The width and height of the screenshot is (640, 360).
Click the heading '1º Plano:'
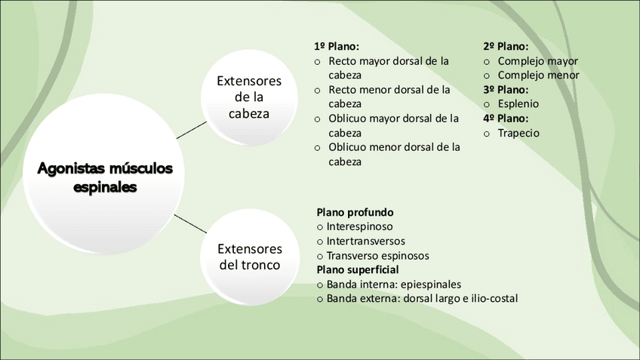coord(336,46)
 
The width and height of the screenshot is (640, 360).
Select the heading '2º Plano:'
coord(506,46)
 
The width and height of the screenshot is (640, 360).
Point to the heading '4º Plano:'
coord(506,118)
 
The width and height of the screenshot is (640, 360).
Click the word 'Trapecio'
coord(518,133)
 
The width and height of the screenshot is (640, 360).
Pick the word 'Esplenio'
coord(518,104)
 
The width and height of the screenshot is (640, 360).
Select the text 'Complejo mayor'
coord(537,61)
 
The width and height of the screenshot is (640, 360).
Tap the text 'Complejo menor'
coord(538,75)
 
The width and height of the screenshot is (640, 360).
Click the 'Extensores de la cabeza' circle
coord(249,97)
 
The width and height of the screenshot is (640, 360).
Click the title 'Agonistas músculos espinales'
coord(105,177)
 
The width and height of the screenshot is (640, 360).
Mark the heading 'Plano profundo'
coord(355,212)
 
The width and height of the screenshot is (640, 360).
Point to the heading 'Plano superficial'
coord(358,269)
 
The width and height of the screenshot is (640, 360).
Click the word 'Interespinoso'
coord(359,226)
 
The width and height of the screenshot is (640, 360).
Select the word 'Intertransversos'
coord(365,241)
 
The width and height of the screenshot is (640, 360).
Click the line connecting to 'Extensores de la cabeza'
coord(192,129)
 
